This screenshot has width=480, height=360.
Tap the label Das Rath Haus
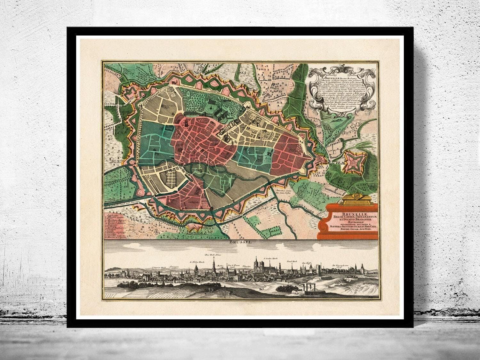pyautogui.click(x=213, y=255)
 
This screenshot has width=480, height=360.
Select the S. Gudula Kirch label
pyautogui.click(x=269, y=258)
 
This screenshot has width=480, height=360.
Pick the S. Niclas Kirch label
pyautogui.click(x=197, y=261)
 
